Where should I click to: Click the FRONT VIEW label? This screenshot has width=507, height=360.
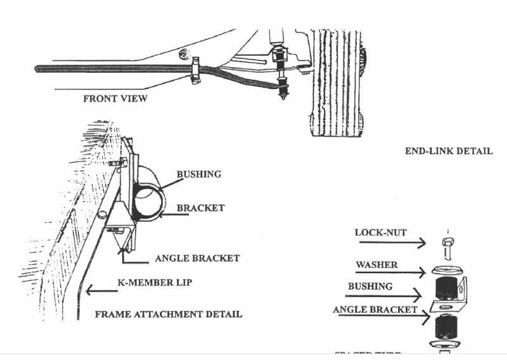point(115,99)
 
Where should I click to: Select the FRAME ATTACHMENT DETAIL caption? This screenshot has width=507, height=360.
point(168,314)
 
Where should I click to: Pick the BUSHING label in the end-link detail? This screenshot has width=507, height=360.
point(370,286)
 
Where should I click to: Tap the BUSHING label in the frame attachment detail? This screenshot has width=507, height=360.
point(199,174)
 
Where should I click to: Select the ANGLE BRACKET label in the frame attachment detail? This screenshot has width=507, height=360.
point(197,258)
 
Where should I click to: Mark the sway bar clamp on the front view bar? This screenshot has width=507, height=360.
point(196,70)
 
